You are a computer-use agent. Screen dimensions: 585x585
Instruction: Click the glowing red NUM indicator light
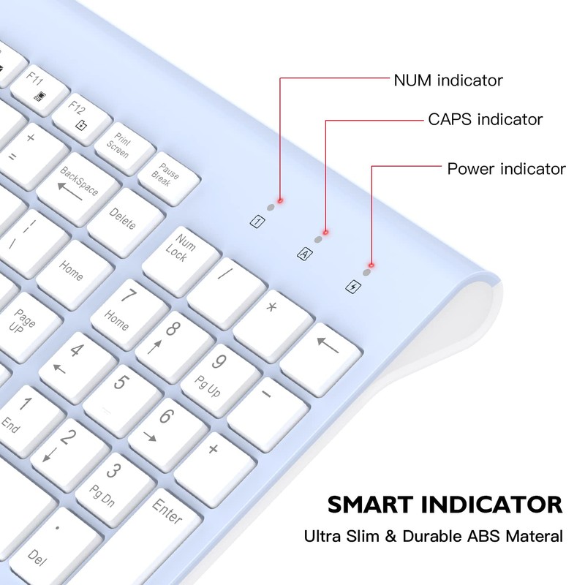[x=280, y=200]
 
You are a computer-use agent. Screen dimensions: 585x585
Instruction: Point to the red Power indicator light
[x=371, y=265]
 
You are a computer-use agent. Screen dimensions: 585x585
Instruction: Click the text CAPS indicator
[x=486, y=118]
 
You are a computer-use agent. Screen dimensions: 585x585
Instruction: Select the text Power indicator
[x=506, y=169]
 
